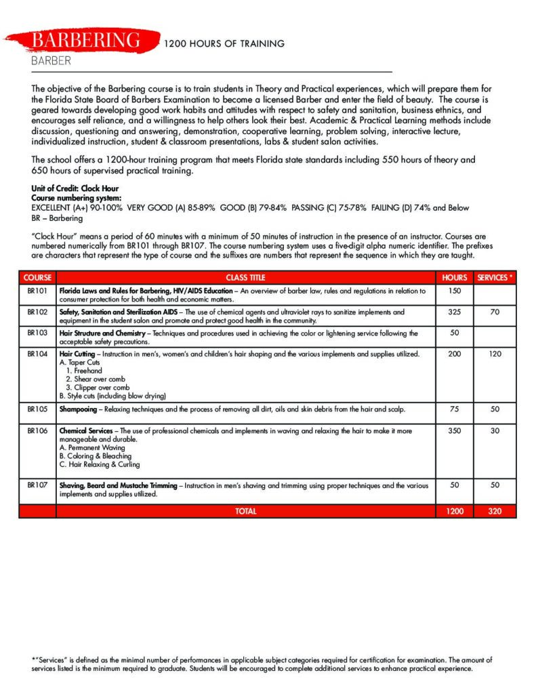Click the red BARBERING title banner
click(87, 41)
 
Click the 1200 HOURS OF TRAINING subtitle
click(224, 44)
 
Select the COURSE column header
click(37, 277)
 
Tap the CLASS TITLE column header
click(245, 277)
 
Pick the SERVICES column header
click(495, 277)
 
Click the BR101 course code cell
click(37, 291)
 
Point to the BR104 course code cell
click(37, 354)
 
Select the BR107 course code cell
click(37, 485)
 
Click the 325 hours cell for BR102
click(454, 312)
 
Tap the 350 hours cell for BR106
click(454, 430)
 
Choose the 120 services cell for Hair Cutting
click(495, 354)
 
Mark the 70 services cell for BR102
click(495, 312)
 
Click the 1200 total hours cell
click(454, 511)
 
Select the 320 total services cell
click(495, 511)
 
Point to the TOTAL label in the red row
click(245, 511)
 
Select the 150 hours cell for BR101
click(454, 291)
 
